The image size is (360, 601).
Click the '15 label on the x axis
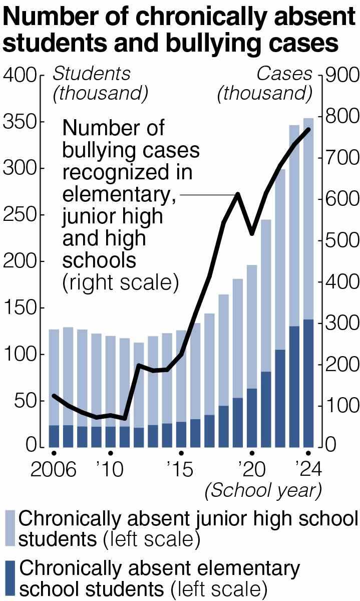tap(180, 470)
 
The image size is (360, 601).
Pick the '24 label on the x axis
tap(307, 470)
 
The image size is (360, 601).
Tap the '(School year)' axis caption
tap(262, 491)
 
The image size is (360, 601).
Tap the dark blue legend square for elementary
tap(10, 578)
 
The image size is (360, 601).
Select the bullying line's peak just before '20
tap(238, 194)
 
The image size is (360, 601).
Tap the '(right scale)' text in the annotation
tap(120, 283)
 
